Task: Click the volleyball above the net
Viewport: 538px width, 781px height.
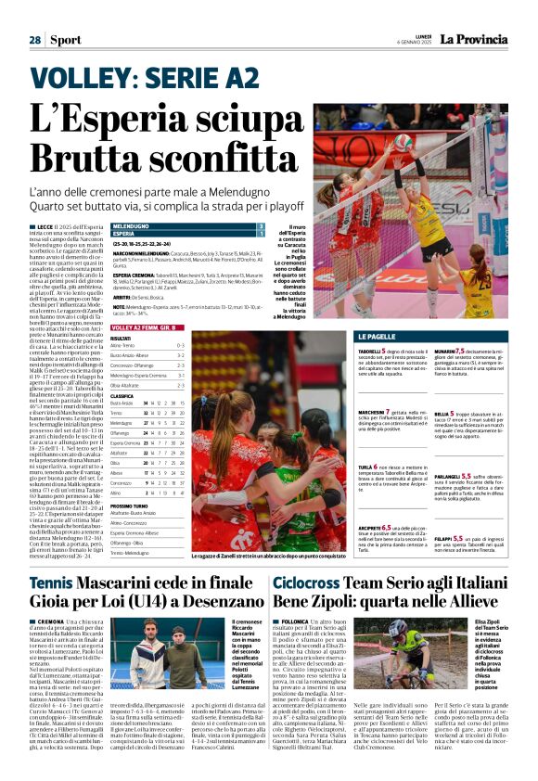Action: click(x=403, y=142)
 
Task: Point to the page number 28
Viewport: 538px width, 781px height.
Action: click(x=34, y=40)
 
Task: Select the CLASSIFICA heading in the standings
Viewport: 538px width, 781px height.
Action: click(x=123, y=395)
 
